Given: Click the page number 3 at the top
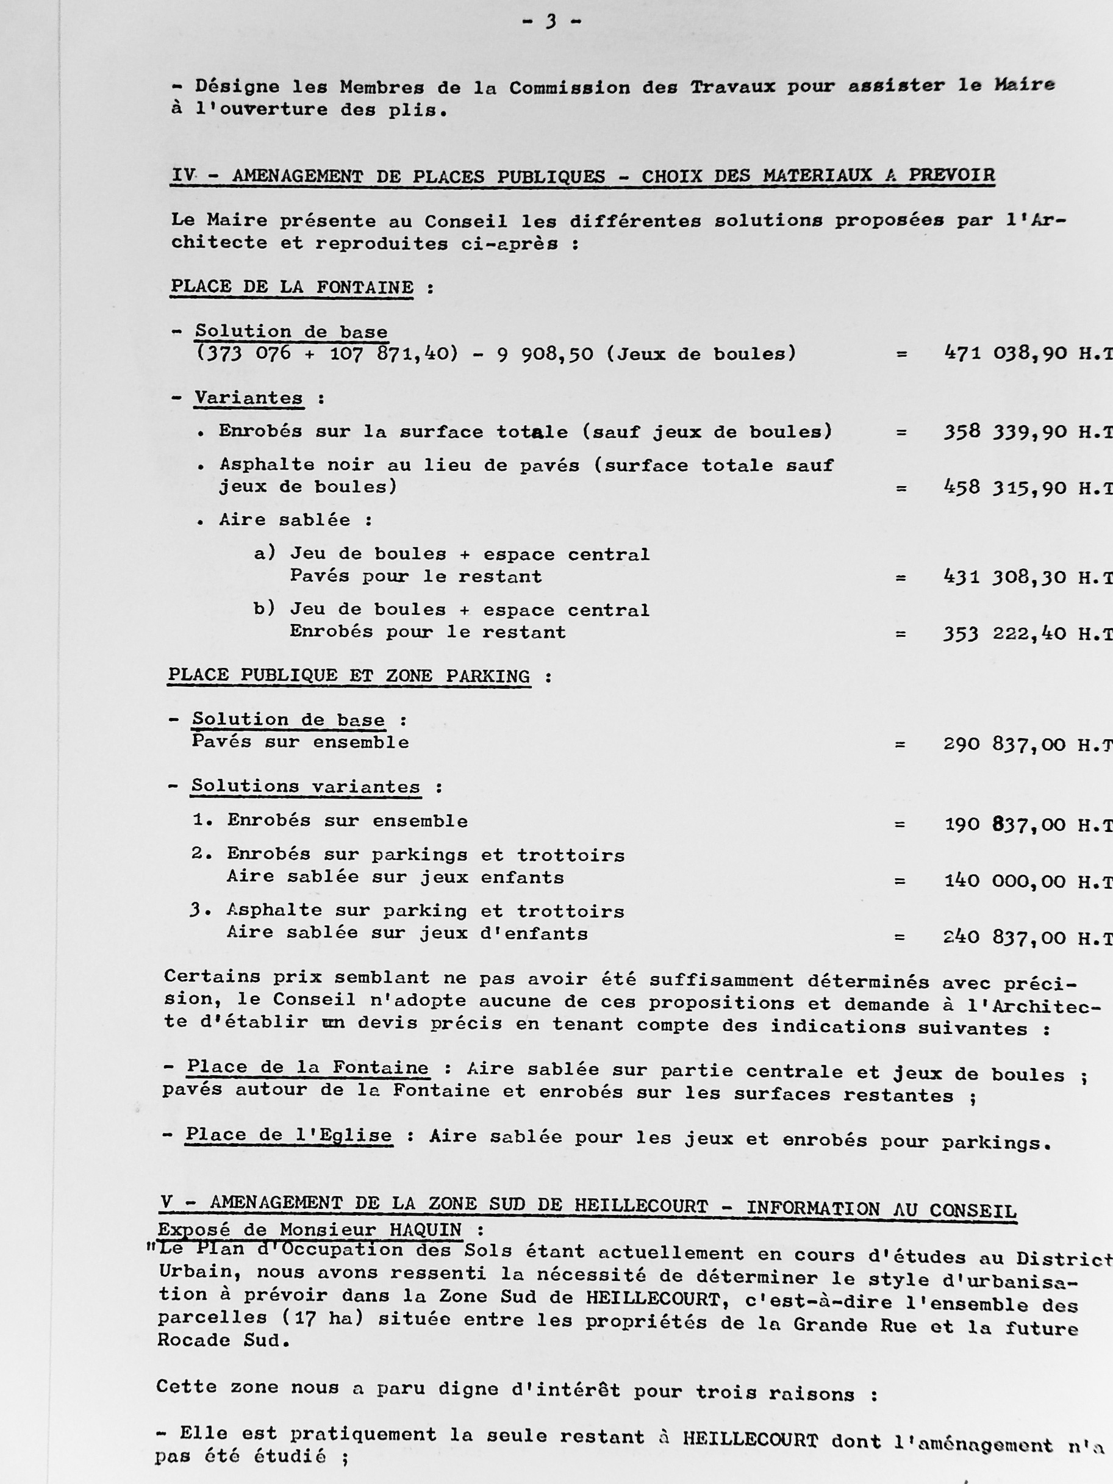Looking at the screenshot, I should [551, 21].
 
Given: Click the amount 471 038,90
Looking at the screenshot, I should [1004, 353].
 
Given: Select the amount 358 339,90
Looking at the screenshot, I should [1004, 431].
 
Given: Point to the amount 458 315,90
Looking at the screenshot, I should [1004, 488].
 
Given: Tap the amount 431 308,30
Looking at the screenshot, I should [1004, 576].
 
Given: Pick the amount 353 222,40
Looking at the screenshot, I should [1004, 633].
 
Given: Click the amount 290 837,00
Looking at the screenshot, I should [1004, 744].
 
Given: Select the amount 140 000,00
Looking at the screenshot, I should [1004, 880].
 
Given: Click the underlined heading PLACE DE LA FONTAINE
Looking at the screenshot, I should [292, 287].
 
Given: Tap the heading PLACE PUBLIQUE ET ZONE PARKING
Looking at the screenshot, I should [349, 676].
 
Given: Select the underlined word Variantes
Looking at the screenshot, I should [248, 398].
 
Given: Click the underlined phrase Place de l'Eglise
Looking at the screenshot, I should [288, 1135].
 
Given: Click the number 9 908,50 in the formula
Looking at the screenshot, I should [545, 353].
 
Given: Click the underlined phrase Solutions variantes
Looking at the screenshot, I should [306, 786].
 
